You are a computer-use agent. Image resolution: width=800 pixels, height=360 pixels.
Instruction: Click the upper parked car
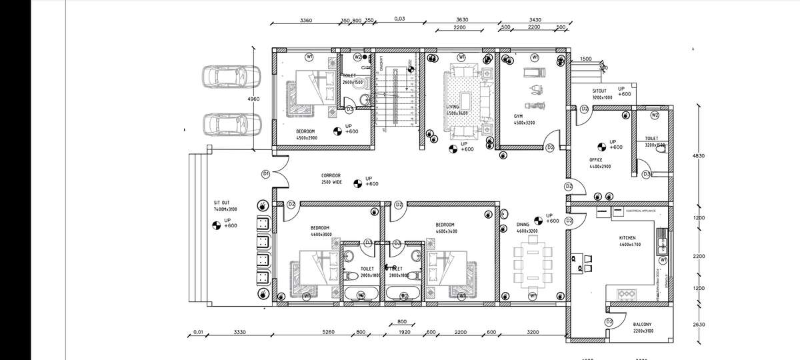pos(231,77)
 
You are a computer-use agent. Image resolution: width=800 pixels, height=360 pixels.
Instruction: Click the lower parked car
pos(231,125)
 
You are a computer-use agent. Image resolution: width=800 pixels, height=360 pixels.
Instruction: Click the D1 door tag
pos(265,174)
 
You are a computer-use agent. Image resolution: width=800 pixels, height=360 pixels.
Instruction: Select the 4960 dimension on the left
pos(253,99)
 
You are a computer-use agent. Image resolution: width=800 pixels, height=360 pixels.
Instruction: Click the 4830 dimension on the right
pos(699,155)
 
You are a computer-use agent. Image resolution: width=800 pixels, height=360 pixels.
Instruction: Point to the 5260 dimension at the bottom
pos(328,331)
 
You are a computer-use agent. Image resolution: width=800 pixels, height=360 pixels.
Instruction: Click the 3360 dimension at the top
pos(306,21)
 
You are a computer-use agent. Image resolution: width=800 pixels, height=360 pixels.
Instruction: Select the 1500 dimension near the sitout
pos(585,59)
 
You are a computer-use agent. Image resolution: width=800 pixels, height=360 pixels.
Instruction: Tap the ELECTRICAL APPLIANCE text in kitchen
pos(641,211)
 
